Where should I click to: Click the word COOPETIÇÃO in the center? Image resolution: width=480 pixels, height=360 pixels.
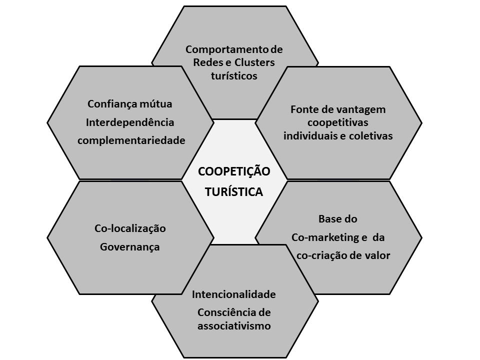234,171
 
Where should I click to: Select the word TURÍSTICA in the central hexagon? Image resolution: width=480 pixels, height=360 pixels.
234,192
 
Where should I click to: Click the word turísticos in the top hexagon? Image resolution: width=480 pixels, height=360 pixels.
234,76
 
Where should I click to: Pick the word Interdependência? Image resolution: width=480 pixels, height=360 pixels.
130,122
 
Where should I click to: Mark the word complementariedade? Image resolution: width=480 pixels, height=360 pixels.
131,140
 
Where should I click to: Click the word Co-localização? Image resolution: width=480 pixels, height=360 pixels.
130,228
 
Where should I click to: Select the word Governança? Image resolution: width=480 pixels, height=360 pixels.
130,246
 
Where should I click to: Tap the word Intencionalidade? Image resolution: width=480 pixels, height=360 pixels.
233,294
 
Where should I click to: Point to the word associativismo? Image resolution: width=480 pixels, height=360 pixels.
233,326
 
